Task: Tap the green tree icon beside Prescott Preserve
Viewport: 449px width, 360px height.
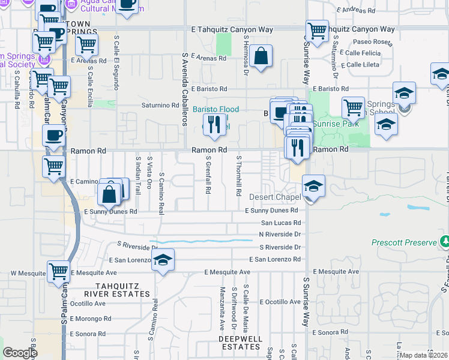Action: coord(445,242)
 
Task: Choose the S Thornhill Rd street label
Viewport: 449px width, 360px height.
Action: coord(238,176)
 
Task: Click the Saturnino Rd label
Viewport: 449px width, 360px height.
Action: coord(160,105)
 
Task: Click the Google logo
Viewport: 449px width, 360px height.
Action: coord(20,353)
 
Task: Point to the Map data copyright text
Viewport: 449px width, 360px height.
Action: coord(424,355)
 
